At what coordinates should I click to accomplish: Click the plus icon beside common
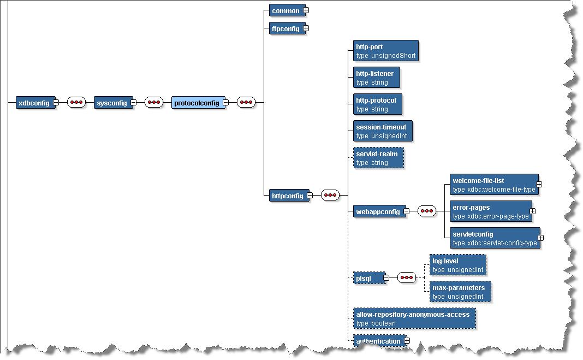[x=306, y=10]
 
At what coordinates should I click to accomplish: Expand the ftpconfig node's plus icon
[x=306, y=28]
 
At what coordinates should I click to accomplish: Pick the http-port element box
[x=385, y=51]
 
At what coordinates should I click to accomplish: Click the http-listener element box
[x=377, y=78]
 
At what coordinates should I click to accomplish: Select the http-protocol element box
[x=378, y=104]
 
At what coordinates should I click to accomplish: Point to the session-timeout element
[x=383, y=131]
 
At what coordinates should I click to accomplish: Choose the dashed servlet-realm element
[x=378, y=158]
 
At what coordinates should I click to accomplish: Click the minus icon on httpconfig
[x=310, y=195]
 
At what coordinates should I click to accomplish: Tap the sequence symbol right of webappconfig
[x=427, y=211]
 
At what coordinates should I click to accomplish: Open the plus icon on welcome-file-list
[x=539, y=185]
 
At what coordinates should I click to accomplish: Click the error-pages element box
[x=490, y=211]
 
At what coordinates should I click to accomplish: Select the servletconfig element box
[x=494, y=238]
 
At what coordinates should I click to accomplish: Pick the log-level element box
[x=457, y=265]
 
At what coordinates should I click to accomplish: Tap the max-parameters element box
[x=460, y=292]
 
